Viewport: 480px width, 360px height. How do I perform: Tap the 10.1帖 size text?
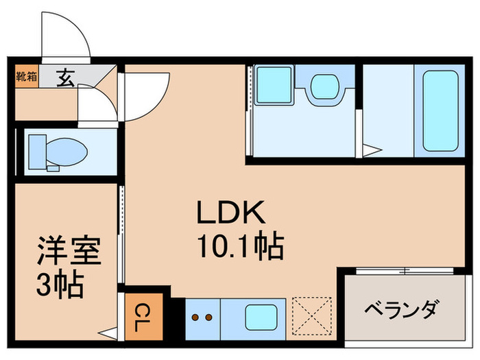pos(239,246)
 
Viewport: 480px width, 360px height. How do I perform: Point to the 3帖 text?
pos(60,284)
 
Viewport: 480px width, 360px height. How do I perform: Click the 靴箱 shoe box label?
pos(26,76)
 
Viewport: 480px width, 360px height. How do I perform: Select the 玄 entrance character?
pos(65,78)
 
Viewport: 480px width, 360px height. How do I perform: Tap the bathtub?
pos(440,110)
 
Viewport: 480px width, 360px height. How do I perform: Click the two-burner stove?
pos(203,318)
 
